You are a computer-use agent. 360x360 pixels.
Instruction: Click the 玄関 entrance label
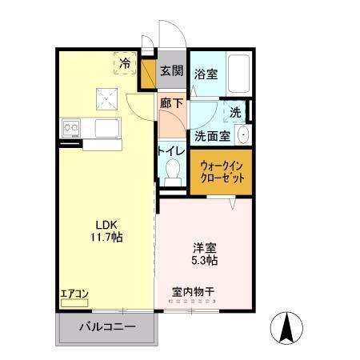point(170,71)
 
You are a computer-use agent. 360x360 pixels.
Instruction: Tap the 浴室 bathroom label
point(206,74)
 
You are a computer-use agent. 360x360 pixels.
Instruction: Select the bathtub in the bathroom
point(238,73)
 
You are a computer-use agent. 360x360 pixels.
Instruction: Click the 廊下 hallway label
point(170,103)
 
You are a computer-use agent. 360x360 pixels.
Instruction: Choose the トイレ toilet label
point(171,151)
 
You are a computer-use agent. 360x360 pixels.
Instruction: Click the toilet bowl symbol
point(171,170)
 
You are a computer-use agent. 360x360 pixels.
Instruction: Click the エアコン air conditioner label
point(74,293)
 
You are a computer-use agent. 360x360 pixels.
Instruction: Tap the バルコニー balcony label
point(106,326)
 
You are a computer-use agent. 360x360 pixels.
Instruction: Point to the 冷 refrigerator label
point(126,61)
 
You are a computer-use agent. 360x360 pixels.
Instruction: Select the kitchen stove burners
point(69,126)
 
